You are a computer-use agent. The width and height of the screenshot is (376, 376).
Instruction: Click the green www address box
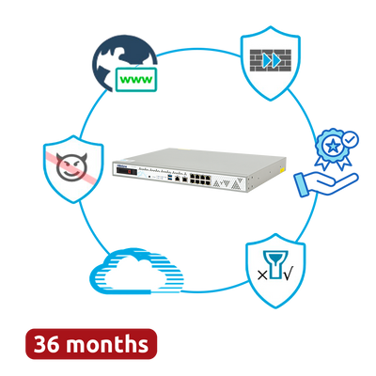(136, 80)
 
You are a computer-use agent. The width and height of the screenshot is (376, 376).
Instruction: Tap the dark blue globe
(120, 59)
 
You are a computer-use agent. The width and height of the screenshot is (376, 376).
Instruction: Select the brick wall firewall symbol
(271, 60)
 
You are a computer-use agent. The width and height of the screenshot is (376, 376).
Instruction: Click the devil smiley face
(71, 166)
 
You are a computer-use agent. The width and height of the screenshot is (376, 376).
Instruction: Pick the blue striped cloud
(136, 272)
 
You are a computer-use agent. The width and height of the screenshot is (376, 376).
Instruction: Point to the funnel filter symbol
(275, 264)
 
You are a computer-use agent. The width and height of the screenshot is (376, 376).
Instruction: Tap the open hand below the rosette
(326, 184)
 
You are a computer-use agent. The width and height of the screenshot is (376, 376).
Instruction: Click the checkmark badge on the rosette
(350, 140)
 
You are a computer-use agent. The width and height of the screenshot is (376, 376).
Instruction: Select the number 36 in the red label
(46, 344)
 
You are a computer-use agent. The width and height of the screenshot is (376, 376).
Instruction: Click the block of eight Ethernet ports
(199, 179)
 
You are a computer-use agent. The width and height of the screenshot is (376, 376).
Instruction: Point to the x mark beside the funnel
(262, 275)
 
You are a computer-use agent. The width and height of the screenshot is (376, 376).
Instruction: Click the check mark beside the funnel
(289, 274)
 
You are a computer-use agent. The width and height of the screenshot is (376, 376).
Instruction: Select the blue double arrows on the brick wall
(272, 61)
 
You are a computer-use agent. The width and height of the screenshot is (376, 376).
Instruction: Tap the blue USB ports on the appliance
(169, 179)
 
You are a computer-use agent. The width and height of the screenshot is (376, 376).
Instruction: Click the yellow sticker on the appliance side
(282, 169)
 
